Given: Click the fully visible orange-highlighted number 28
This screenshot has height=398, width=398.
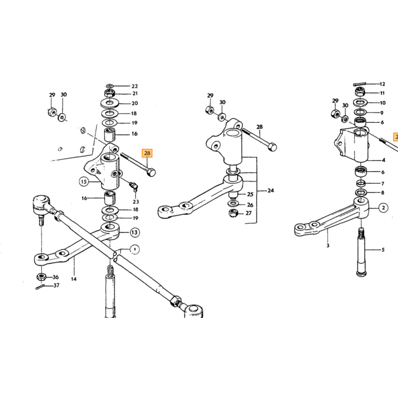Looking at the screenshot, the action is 147,154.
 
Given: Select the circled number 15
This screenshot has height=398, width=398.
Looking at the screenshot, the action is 84,182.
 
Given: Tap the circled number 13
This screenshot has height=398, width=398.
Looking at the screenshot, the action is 135,232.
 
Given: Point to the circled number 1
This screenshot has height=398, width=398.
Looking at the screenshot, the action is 135,250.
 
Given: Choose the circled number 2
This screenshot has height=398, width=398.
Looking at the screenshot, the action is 383,208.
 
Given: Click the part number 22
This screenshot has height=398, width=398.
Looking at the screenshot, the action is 135,86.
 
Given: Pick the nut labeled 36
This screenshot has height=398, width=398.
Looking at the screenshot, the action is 41,277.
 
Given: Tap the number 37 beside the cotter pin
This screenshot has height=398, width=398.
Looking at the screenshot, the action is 56,285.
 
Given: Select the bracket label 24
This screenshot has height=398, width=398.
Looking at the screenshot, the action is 271,190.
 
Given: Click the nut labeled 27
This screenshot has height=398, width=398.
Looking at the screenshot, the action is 233,213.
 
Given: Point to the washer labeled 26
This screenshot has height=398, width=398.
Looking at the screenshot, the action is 233,204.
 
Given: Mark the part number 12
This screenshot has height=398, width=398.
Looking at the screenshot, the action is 382,84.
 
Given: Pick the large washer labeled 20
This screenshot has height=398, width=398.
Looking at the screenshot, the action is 110,103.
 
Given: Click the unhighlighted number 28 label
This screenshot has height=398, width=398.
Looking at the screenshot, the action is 259,127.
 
